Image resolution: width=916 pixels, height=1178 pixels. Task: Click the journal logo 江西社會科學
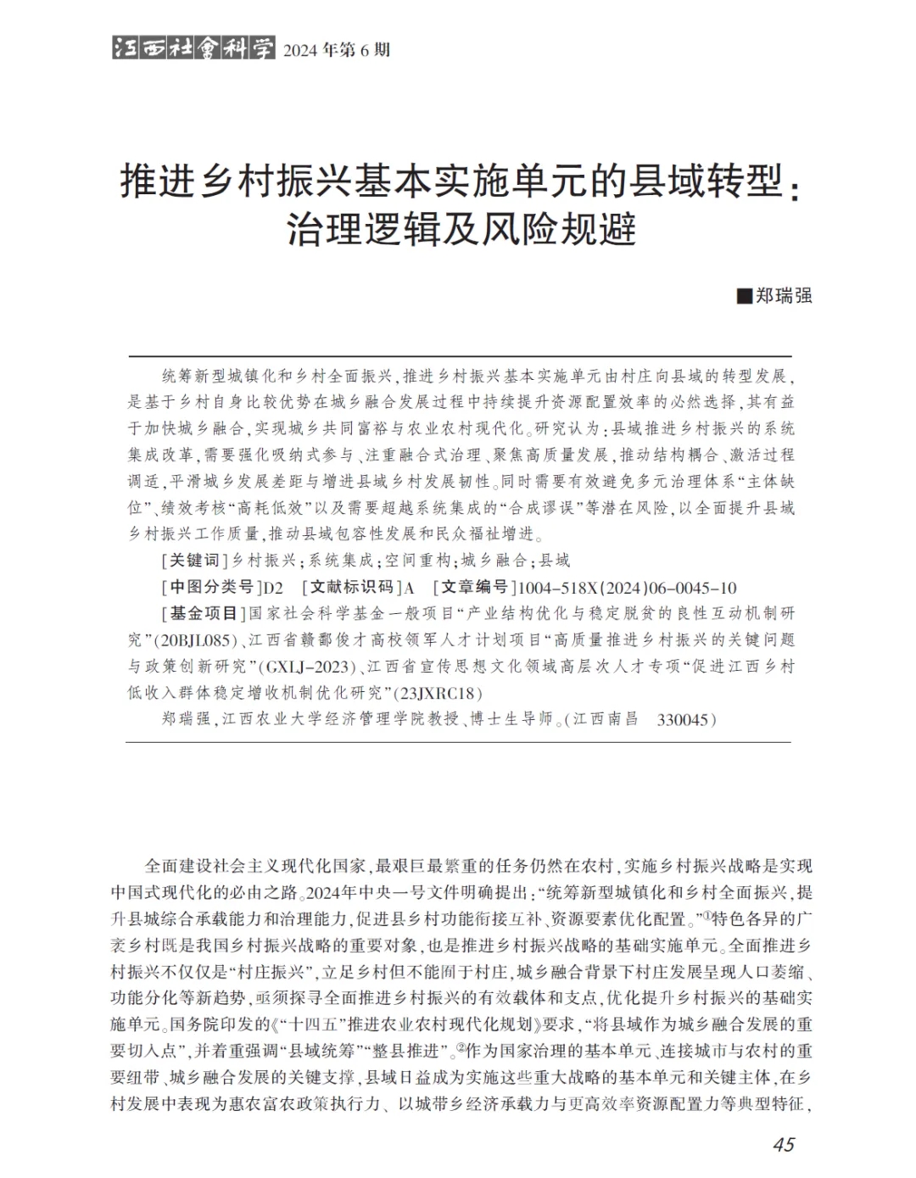click(x=193, y=48)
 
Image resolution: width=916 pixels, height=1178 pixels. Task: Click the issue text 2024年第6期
click(x=337, y=50)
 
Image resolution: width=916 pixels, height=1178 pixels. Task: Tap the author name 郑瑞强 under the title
click(x=785, y=296)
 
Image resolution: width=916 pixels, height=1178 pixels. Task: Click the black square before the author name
click(x=745, y=296)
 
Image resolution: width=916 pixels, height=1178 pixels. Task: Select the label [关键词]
click(x=194, y=560)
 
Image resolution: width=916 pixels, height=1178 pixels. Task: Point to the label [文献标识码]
click(x=352, y=587)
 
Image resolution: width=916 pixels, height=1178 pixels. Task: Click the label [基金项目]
click(x=203, y=613)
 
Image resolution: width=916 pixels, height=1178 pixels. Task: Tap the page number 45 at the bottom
click(x=783, y=1144)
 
